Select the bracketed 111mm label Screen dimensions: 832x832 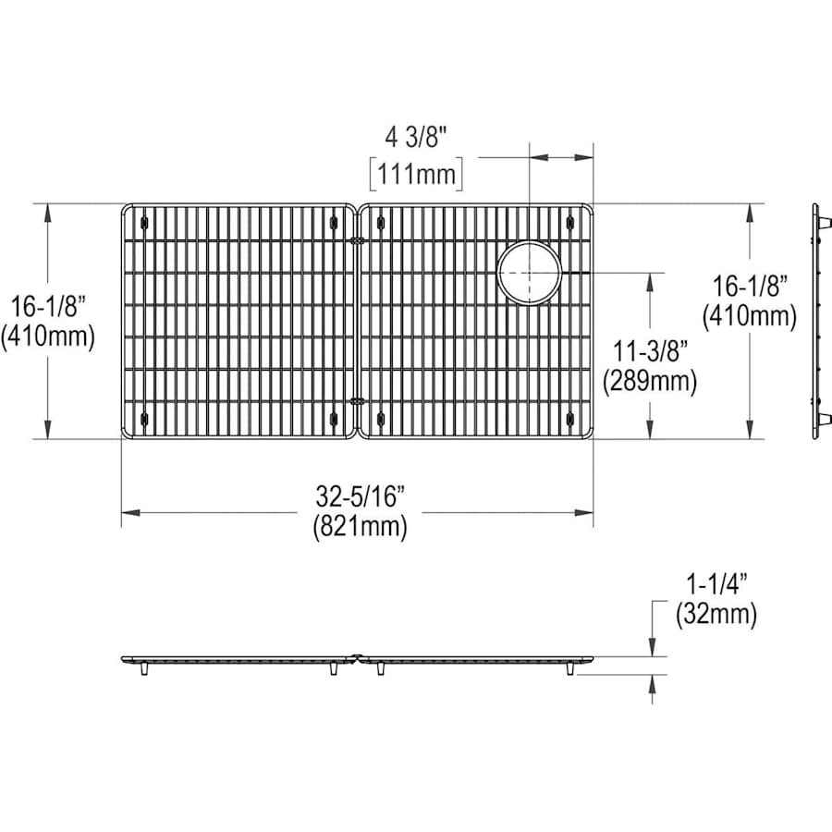pyautogui.click(x=416, y=174)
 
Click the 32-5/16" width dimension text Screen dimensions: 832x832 pyautogui.click(x=361, y=497)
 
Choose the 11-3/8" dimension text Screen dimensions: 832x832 pyautogui.click(x=650, y=351)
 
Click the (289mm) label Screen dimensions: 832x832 pyautogui.click(x=650, y=381)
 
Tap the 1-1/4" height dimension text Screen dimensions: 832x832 pyautogui.click(x=716, y=585)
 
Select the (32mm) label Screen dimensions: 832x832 pyautogui.click(x=716, y=615)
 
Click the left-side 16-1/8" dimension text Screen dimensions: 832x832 pyautogui.click(x=48, y=307)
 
